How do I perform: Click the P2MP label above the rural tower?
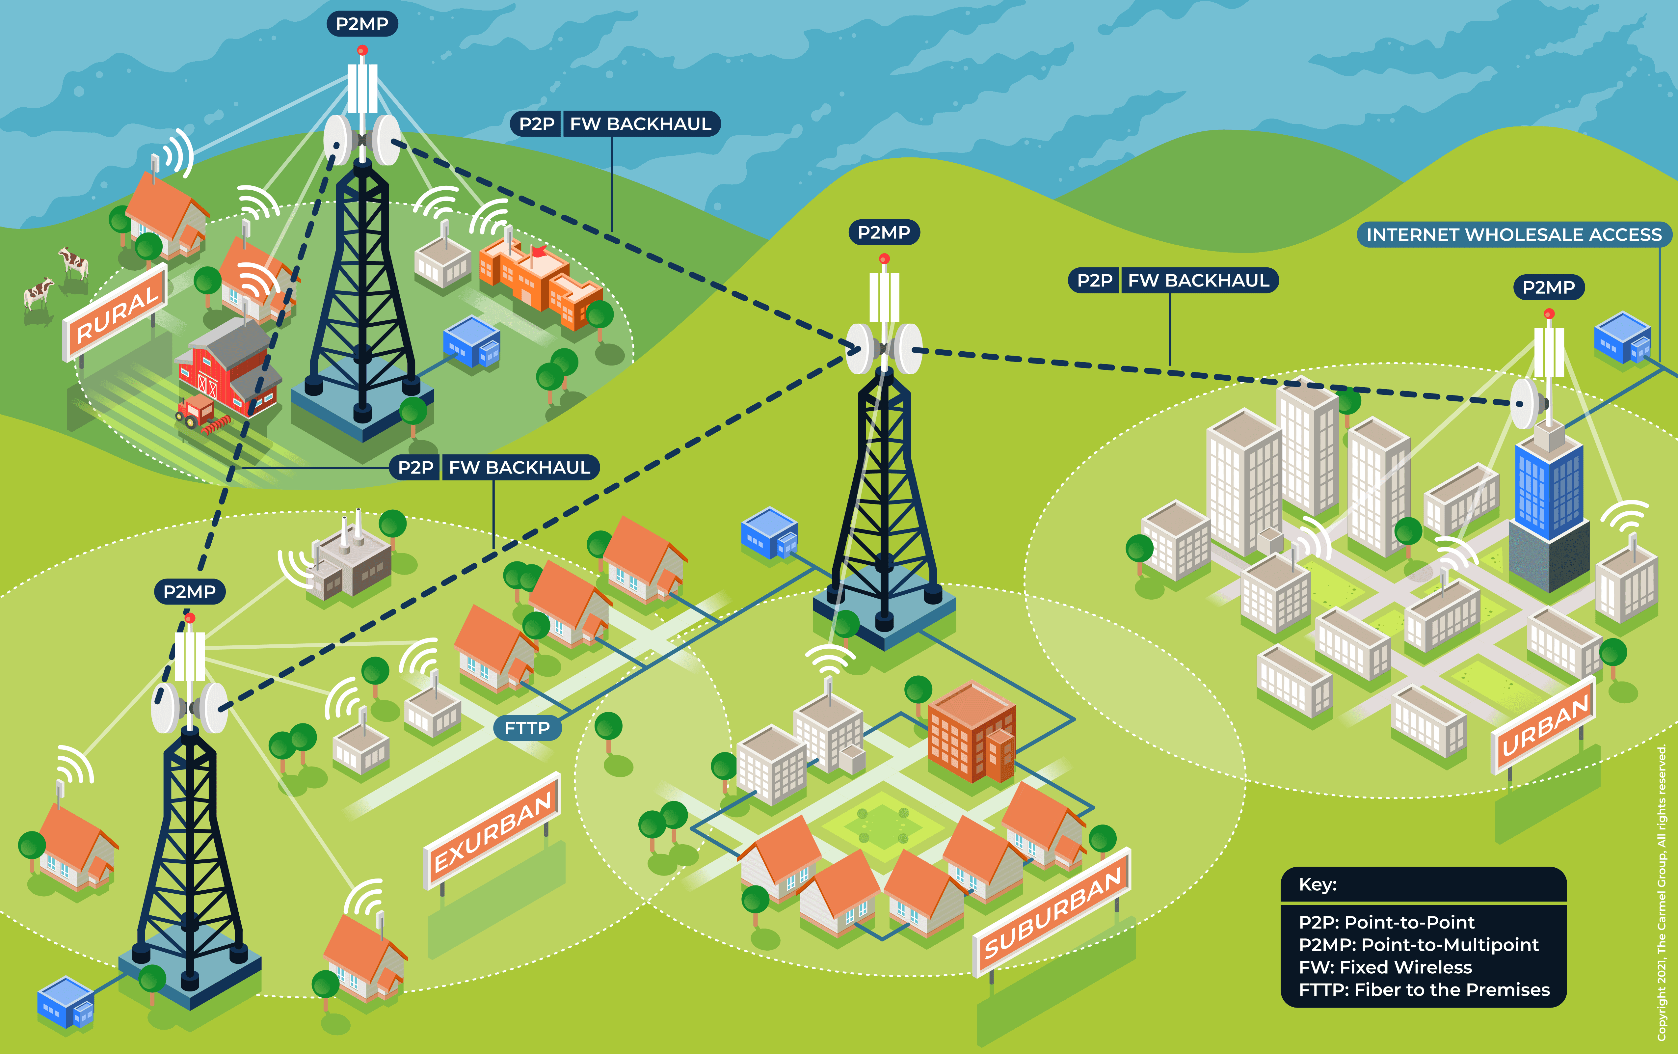[x=362, y=24]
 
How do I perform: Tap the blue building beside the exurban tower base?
[x=65, y=1002]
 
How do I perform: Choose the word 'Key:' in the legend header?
[x=1317, y=885]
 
